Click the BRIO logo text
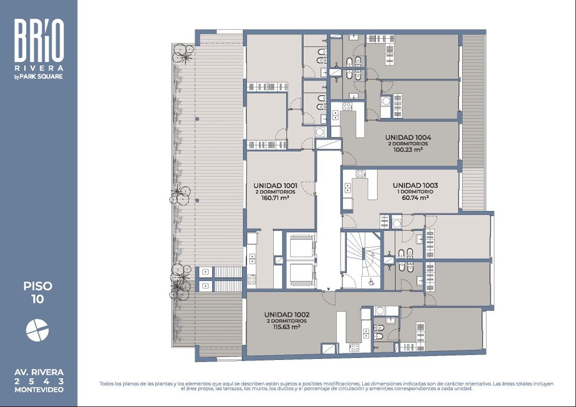tap(39, 40)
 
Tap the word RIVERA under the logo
tap(39, 68)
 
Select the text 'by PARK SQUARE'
tap(38, 77)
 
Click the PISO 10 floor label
tap(38, 293)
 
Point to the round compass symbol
tap(37, 330)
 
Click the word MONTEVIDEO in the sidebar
tap(39, 390)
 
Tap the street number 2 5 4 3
tap(39, 381)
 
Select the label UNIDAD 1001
tap(275, 186)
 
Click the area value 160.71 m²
tap(275, 198)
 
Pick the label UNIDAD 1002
tap(287, 314)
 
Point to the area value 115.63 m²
tap(287, 327)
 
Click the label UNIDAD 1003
tap(415, 185)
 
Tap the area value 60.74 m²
tap(415, 198)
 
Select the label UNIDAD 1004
tap(408, 137)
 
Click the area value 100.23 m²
tap(408, 150)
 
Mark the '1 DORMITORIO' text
tap(415, 191)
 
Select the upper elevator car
tap(301, 246)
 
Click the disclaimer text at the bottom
tap(326, 386)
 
